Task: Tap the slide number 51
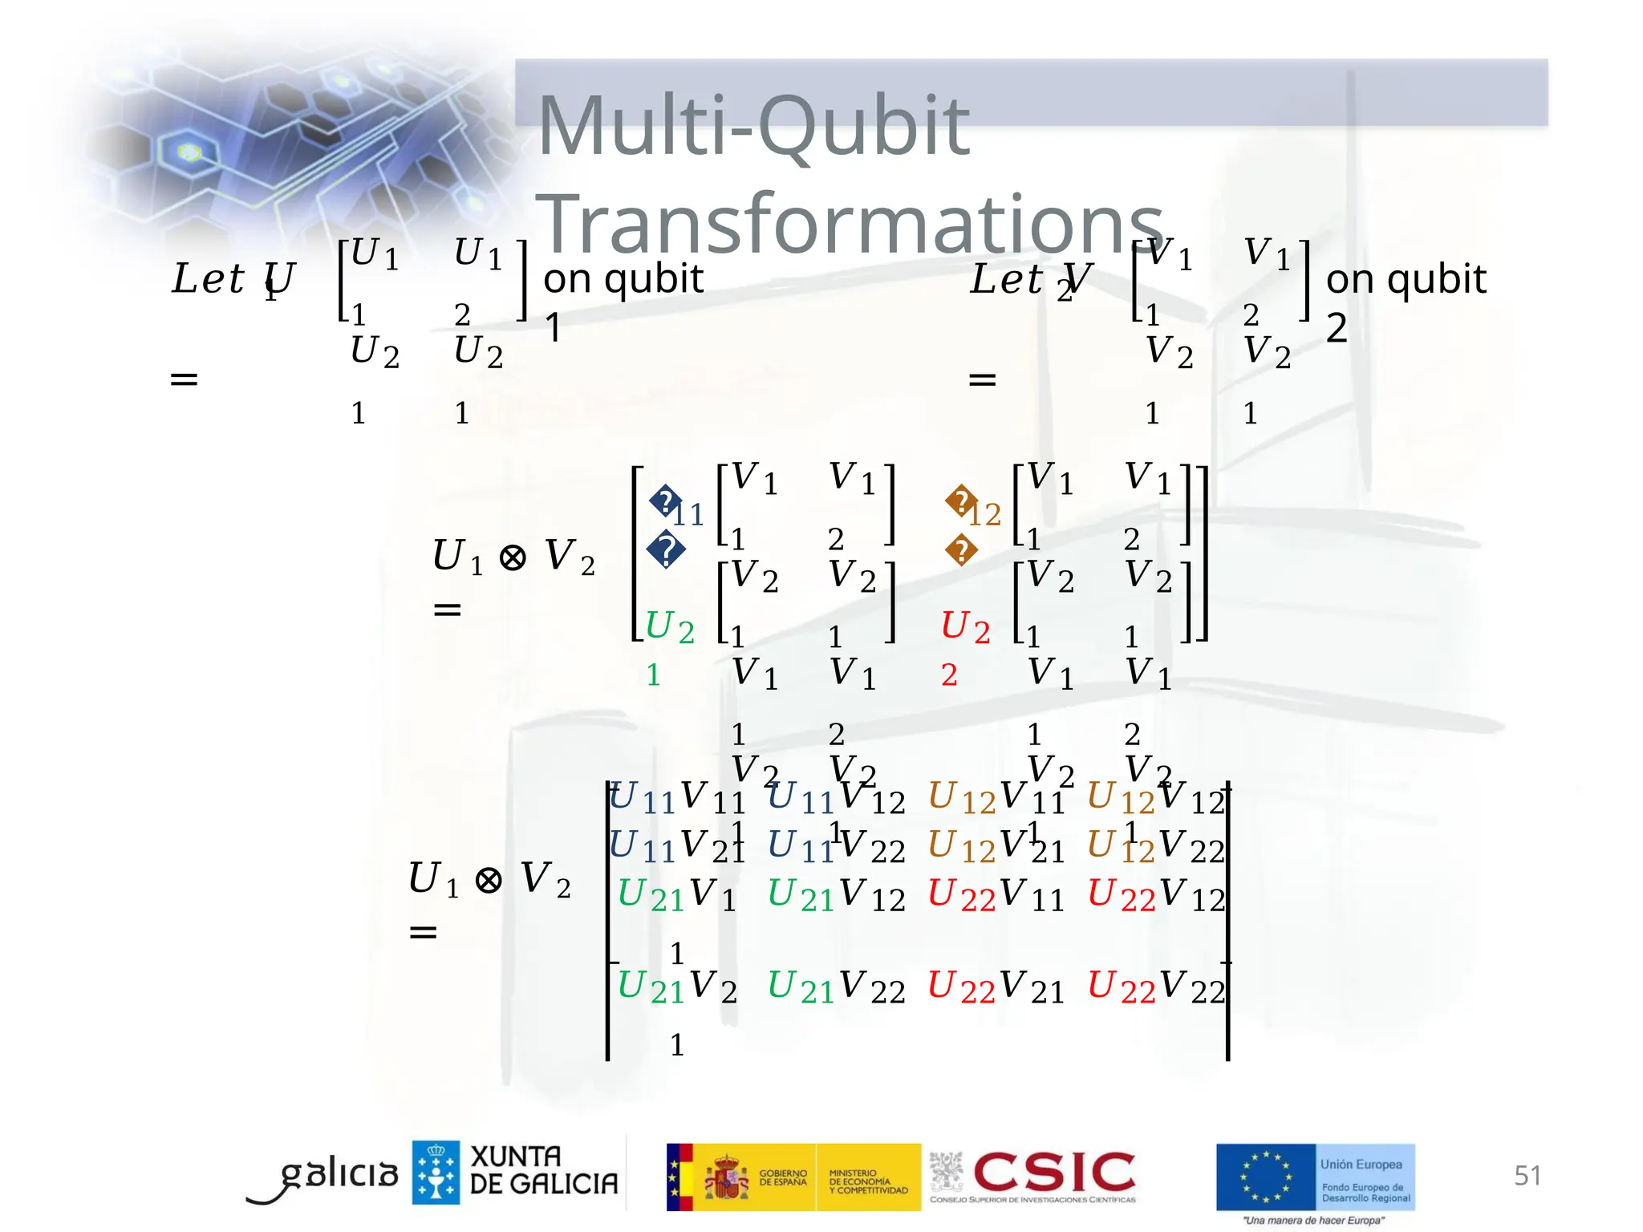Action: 1527,1175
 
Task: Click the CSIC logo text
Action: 1054,1172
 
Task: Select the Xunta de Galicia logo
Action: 515,1172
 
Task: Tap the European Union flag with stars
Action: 1265,1177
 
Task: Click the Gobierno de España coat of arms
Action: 727,1177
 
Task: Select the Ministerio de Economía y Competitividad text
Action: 867,1181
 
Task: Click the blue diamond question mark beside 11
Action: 665,501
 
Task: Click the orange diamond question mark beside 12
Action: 960,501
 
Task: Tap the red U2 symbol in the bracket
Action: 964,626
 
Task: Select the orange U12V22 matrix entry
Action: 1155,846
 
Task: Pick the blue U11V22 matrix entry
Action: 836,846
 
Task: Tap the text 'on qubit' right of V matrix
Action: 1406,279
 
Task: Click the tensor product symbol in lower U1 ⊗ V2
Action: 489,880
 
